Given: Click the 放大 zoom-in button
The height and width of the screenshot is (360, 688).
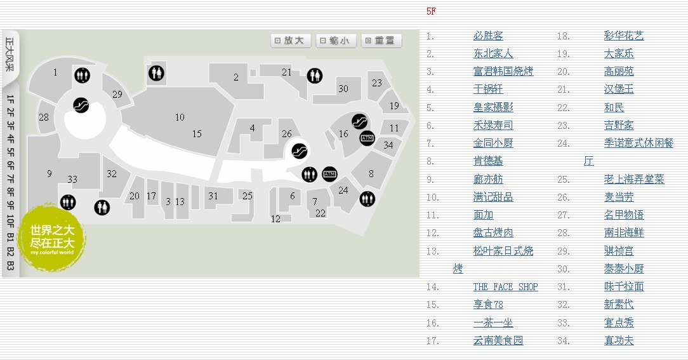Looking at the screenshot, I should (x=291, y=41).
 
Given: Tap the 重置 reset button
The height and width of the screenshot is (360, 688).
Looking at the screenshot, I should (x=381, y=41).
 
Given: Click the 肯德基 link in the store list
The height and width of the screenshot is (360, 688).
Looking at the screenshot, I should (x=488, y=161).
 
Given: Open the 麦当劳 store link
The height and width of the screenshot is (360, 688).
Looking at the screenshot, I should (x=619, y=197).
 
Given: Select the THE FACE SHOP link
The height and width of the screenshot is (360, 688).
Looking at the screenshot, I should (x=505, y=287).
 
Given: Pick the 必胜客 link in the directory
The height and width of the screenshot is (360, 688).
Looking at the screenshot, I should (x=488, y=36).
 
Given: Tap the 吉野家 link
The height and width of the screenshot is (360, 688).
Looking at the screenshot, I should (x=619, y=126).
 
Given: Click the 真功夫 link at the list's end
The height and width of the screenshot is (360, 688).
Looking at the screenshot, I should (x=619, y=341).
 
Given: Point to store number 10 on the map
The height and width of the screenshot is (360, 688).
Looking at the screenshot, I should (x=180, y=117).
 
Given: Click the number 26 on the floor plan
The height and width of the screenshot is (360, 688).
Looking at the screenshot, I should (x=287, y=133).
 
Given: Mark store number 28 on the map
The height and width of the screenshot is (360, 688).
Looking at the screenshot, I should (x=43, y=117).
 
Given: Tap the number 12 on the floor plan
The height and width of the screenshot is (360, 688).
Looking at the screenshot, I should (x=275, y=219).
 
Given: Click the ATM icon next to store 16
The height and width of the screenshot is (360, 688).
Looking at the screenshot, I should (x=367, y=137).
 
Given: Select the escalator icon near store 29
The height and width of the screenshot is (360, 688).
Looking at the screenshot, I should (x=81, y=105).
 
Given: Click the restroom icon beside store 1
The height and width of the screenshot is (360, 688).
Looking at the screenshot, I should (x=81, y=75).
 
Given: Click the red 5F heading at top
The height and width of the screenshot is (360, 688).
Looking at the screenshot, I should (x=431, y=11).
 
